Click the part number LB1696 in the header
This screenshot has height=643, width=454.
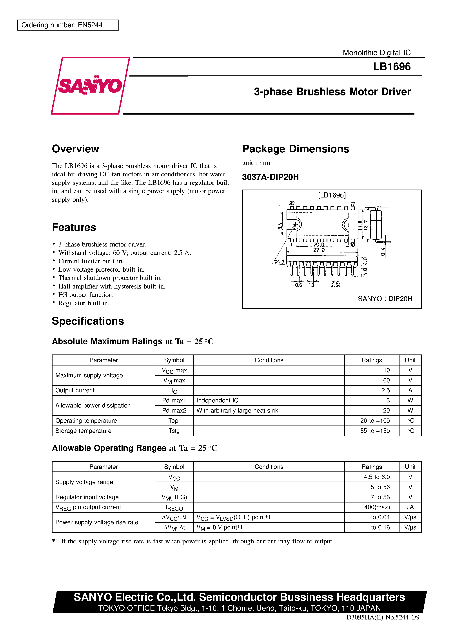coord(392,67)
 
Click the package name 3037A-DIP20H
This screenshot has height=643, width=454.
coord(270,177)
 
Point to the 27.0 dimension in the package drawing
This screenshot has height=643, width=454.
coord(319,250)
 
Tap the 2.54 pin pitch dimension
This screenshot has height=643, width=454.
coord(335,285)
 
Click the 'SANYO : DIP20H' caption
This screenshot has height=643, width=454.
coord(385,299)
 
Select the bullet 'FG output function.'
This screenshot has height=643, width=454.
coord(86,295)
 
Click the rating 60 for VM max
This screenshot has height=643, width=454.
coord(386,380)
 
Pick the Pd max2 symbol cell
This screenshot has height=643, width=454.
coord(174,411)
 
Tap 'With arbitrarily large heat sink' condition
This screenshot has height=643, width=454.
coord(237,411)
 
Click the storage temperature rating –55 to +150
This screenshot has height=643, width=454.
coord(373,431)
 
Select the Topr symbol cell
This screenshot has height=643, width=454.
coord(174,421)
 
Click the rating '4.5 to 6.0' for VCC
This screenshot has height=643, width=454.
coord(376,477)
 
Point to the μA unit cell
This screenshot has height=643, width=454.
coord(410,507)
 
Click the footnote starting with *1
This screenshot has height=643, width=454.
coord(193,541)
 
